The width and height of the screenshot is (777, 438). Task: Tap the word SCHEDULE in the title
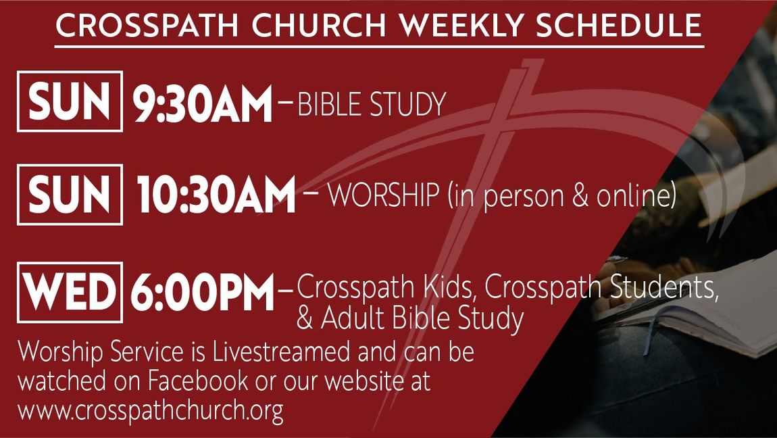[x=619, y=25]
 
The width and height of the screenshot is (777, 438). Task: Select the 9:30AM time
[x=203, y=103]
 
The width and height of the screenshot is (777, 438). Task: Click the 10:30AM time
[x=216, y=194]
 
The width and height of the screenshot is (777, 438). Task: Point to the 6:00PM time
[x=202, y=292]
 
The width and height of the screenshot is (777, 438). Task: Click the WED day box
[x=70, y=292]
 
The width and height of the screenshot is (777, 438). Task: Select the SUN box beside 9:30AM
[x=70, y=101]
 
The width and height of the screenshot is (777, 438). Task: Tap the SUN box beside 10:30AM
[x=70, y=194]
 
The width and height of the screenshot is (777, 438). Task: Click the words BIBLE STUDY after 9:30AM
[x=372, y=104]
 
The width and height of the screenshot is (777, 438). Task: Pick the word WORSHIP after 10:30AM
[x=384, y=196]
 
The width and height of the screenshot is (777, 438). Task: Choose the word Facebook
[x=197, y=381]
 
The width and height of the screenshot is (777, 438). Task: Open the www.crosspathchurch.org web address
[x=151, y=411]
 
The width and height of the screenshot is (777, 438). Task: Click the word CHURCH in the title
[x=319, y=25]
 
